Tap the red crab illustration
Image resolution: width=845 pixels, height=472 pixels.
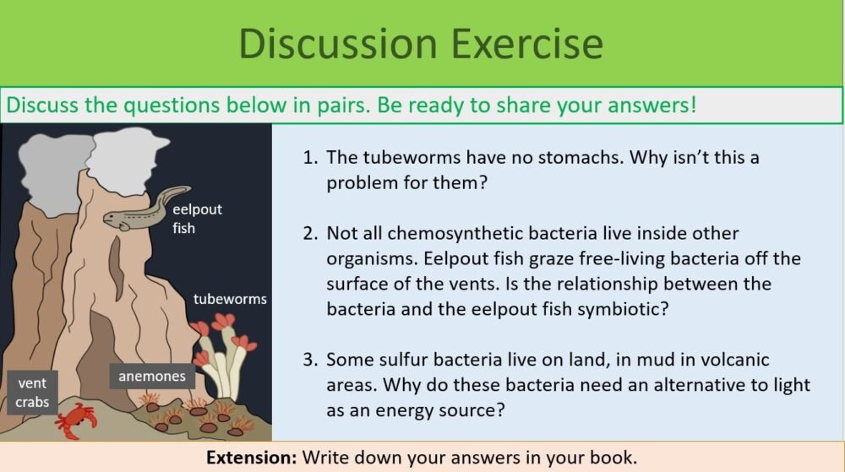pyautogui.click(x=75, y=420)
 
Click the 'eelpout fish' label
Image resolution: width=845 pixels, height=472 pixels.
pyautogui.click(x=197, y=218)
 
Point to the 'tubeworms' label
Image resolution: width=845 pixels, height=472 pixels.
pyautogui.click(x=230, y=299)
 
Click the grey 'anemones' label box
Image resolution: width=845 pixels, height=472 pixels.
pyautogui.click(x=151, y=376)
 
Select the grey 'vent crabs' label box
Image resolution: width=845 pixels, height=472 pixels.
pyautogui.click(x=32, y=393)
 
